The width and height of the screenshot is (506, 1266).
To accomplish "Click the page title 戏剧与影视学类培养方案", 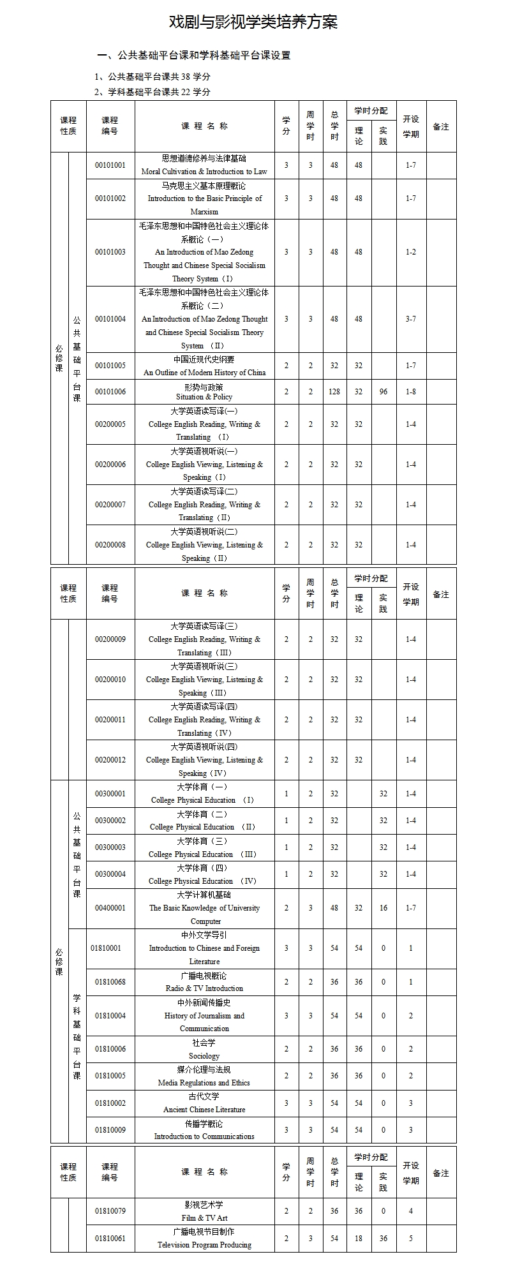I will pos(253,22).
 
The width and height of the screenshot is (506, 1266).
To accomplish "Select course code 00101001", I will pos(110,165).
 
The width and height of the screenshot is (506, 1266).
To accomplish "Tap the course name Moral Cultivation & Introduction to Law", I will pos(204,172).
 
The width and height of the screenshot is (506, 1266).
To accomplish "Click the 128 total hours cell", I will pos(334,392).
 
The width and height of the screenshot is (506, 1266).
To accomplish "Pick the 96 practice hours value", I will pos(383,392).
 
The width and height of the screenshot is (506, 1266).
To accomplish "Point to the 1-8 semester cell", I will pos(410,392).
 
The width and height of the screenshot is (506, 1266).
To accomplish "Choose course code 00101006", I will pos(110,392).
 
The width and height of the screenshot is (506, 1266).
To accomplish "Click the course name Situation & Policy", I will pos(204,397).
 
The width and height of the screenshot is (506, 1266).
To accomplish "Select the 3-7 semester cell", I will pos(410,319).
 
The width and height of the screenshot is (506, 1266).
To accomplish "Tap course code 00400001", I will pos(110,908).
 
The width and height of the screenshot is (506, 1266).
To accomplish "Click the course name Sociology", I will pos(204,1056).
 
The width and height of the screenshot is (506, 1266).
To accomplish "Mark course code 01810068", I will pos(110,982).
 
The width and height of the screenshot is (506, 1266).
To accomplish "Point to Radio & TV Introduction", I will pos(204,988).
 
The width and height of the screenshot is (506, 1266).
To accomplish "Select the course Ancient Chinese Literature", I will pos(204,1110).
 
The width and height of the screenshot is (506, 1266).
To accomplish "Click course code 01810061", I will pos(110,1239).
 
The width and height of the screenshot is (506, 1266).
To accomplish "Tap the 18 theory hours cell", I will pos(359,1239).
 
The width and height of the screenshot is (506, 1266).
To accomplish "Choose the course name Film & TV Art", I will pos(204,1218).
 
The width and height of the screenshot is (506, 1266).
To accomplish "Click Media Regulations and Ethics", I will pos(204,1083).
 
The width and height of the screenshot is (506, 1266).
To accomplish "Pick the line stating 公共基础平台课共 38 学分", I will pos(153,77).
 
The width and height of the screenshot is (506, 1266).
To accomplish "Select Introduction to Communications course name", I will pos(204,1136).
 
